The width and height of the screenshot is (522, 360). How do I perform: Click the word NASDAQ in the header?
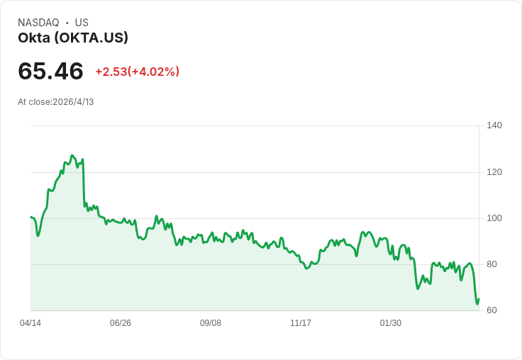coord(38,23)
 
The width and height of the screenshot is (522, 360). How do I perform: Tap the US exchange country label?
coord(82,23)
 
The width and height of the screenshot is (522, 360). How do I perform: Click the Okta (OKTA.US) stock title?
coord(73,38)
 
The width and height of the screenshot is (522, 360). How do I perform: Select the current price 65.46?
coord(50,71)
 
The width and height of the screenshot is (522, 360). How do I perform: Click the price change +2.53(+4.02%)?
coord(137,72)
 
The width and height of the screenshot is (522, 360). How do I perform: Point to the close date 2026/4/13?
coord(73,102)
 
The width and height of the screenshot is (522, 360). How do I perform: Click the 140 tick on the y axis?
coord(494,125)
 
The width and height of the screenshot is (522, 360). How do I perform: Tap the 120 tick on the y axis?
coord(494,172)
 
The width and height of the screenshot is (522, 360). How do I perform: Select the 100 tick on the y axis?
coord(494,218)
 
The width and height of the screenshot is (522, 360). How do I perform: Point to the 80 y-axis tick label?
coord(492,264)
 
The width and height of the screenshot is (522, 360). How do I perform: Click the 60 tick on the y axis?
coord(492,310)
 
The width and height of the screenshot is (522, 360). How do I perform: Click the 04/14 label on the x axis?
coord(30,323)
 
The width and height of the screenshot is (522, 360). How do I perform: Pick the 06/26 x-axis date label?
coord(121,323)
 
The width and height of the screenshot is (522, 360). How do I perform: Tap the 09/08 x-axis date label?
coord(211,323)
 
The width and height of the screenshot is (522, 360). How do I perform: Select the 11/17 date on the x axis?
coord(301,323)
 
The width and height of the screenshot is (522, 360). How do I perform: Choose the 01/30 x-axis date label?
coord(391,323)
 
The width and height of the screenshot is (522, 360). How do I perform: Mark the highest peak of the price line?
coord(72,155)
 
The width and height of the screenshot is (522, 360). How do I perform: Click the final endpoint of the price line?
coord(479,299)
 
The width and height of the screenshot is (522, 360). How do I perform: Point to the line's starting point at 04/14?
coord(30,217)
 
